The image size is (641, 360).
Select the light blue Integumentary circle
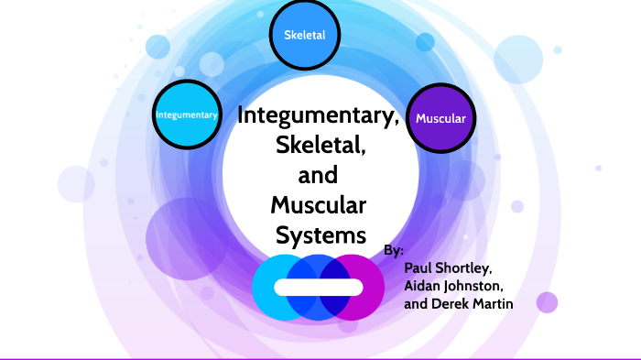point(187,115)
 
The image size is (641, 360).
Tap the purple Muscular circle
point(440,118)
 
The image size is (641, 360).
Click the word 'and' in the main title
point(319,174)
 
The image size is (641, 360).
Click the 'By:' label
point(394,250)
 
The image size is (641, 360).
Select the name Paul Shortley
point(448,268)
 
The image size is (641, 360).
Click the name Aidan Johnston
point(453,286)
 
